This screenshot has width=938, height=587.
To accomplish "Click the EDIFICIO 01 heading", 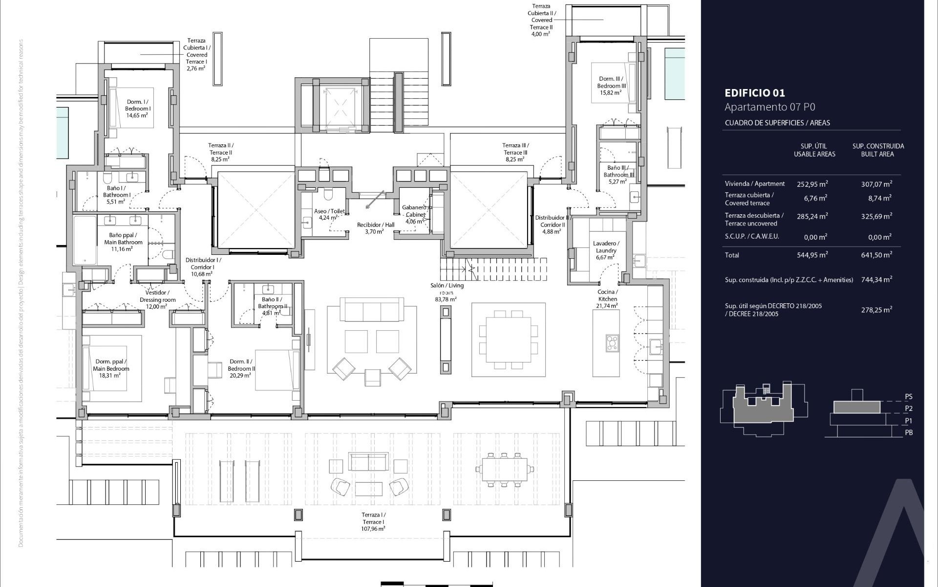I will [754, 93].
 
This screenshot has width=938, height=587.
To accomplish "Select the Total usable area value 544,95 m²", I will [812, 255].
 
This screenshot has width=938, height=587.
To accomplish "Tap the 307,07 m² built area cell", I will [876, 184].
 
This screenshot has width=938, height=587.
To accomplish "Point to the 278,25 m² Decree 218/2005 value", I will [876, 310].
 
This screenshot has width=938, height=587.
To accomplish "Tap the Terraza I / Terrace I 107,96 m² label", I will [373, 521].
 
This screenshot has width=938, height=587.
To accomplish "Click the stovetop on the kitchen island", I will [612, 342].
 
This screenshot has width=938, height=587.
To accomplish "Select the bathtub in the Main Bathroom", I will [85, 240].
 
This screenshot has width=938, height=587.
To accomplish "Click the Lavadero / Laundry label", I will [606, 250].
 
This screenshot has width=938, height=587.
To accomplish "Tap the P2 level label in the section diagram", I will [908, 408].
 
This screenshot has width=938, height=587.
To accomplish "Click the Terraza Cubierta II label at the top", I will [541, 20].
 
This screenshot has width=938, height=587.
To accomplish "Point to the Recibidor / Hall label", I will [375, 228].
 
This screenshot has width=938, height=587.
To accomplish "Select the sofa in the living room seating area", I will [372, 309].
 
